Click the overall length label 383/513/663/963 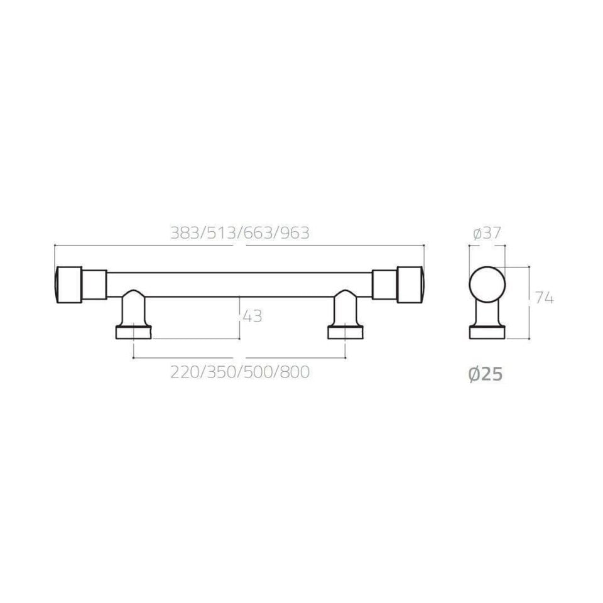239,233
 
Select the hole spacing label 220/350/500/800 239,372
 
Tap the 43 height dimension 251,317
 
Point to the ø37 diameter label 486,234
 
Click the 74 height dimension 544,298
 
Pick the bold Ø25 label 486,374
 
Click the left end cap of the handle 68,285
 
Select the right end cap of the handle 411,285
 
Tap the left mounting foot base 133,332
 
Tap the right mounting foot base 345,332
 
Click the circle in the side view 487,285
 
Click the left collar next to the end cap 94,285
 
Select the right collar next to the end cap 384,285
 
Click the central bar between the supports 239,285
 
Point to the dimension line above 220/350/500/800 239,358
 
